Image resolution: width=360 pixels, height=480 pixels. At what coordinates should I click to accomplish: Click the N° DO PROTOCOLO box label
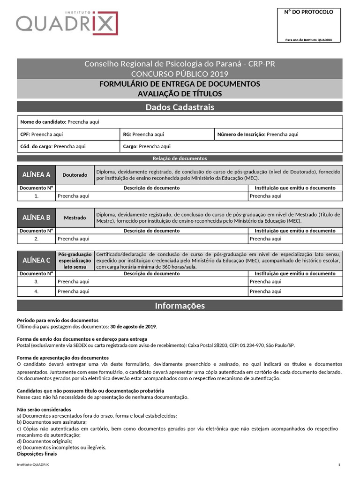point(309,12)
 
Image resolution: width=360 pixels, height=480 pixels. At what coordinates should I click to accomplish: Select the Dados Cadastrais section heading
point(180,107)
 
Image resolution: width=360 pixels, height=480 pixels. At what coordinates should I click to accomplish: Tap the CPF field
point(68,134)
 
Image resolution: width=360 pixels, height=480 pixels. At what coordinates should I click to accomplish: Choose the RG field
point(167,134)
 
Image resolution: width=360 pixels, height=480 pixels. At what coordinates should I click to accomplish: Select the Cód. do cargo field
point(68,146)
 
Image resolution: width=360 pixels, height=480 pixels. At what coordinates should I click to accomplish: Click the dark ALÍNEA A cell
point(36,175)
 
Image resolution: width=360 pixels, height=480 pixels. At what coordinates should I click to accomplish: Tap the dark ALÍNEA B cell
point(36,217)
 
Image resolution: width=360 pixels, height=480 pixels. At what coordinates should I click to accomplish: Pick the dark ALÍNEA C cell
point(36,260)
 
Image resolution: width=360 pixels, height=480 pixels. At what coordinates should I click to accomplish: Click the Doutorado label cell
point(75,175)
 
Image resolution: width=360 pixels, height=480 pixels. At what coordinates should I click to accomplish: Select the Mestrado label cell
point(75,217)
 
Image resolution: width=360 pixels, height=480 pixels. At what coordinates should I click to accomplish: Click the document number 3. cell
point(36,282)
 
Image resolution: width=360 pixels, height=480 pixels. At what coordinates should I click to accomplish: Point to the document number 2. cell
point(36,239)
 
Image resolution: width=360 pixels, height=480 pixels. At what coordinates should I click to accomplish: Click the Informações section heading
point(180,306)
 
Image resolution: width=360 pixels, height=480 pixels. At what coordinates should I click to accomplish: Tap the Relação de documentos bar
point(180,158)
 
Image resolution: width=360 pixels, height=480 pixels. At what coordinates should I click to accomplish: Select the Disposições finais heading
point(37,454)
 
